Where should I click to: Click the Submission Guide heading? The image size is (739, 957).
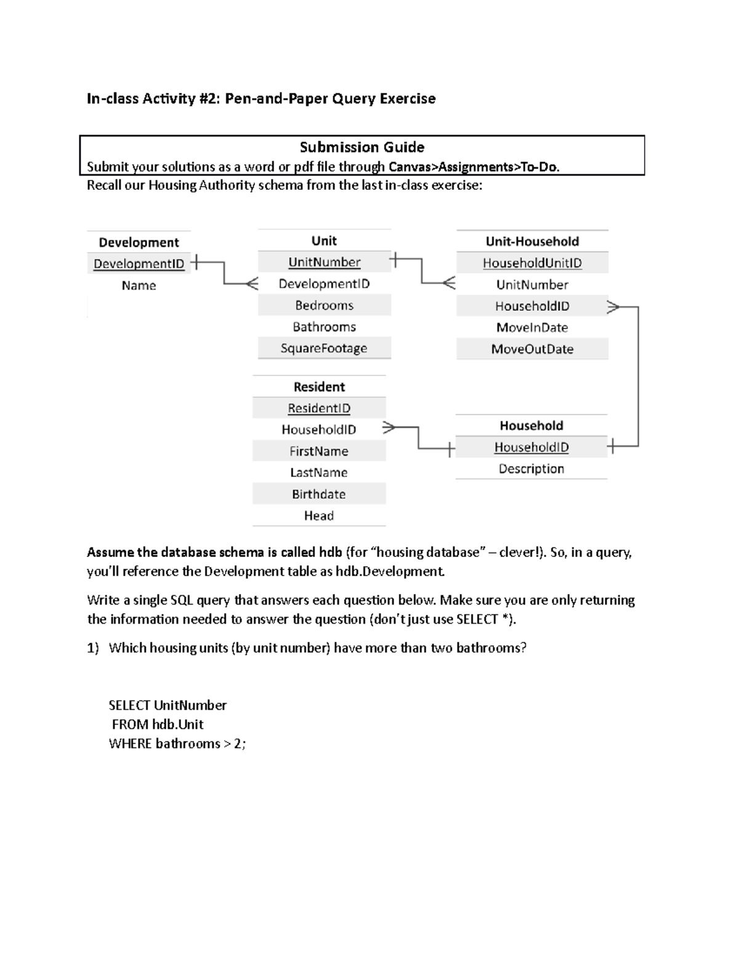pos(361,147)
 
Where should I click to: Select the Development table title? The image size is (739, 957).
pos(139,242)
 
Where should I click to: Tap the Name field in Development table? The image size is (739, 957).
pos(139,285)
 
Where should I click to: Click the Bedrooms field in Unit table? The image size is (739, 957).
pos(324,305)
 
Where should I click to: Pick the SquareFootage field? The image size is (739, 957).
pos(324,348)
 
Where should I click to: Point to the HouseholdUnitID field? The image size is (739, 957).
pos(532,263)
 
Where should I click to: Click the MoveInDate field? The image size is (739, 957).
pos(532,327)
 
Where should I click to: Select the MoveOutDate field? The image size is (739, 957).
pos(532,349)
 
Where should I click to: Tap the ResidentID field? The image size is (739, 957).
pos(319,408)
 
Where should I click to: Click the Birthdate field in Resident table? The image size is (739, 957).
pos(319,494)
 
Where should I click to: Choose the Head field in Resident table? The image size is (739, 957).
pos(319,516)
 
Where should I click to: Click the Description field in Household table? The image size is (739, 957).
pos(531,469)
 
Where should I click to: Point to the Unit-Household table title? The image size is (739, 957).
pos(532,242)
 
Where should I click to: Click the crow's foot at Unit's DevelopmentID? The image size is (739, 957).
pos(252,283)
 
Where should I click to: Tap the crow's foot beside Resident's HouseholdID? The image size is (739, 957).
pos(389,427)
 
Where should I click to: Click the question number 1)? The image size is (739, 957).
pos(92,648)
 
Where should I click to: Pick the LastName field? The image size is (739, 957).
pos(319,473)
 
